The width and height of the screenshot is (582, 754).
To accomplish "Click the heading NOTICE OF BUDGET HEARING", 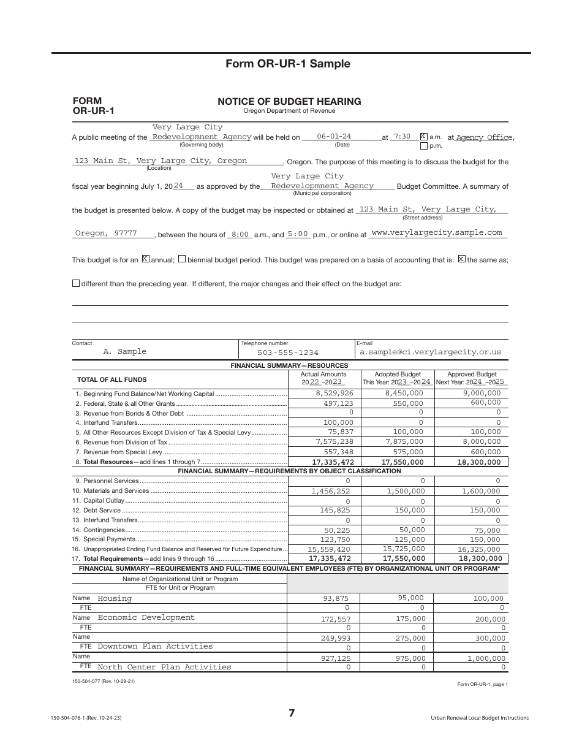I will pos(289,101).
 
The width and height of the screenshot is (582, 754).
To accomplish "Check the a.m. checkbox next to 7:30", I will pos(423,137).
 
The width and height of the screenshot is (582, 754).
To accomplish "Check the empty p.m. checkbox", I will pos(423,147).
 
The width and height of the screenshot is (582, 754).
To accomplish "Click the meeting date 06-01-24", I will pos(334,137).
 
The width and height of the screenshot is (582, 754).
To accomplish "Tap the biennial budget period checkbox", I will pos(182,259).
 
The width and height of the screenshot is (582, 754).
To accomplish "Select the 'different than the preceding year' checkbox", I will pos(76,283).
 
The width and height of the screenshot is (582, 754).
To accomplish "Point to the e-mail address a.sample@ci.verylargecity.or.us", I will pos(430,352).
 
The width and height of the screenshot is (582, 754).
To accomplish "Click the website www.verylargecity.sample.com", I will pos(437,233).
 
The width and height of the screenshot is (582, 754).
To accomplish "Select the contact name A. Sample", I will pos(125,351).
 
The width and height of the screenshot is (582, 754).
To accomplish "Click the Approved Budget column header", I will pos(472,374).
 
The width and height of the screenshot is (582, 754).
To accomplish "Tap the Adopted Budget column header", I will pos(398,374).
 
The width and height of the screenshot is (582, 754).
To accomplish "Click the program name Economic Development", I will pos(146,617).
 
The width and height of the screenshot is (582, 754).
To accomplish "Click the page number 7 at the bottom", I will pos(292,713).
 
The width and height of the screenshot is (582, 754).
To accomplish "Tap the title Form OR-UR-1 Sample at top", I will pos(288,64).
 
